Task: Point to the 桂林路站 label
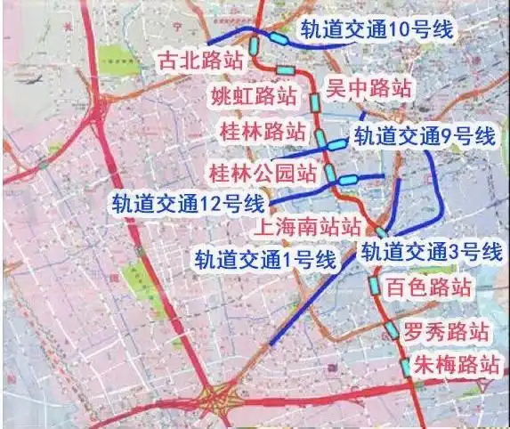[x=263, y=132]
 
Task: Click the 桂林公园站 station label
[x=262, y=170]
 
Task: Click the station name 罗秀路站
[x=446, y=333]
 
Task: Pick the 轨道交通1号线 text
[x=265, y=259]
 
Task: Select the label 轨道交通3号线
[x=432, y=251]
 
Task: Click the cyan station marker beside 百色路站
[x=375, y=286]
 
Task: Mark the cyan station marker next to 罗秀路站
[x=393, y=329]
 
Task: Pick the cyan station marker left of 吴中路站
[x=313, y=101]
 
